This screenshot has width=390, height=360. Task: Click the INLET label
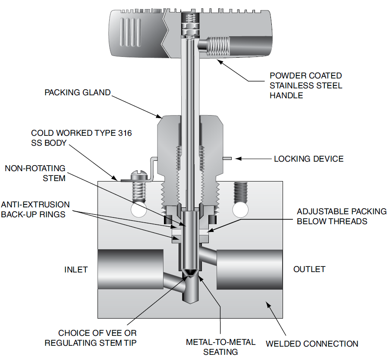pos(76,269)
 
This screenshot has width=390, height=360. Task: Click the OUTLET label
pos(309,269)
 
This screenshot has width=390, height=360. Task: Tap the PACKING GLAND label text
pos(78,93)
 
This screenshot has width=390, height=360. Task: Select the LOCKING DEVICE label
pos(309,159)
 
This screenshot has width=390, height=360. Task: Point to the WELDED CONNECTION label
pos(312,344)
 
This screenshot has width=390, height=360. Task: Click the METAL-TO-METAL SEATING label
pos(220,347)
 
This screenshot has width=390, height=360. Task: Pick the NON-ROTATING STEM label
pos(35,172)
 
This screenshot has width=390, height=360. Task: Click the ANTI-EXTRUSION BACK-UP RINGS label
pos(35,209)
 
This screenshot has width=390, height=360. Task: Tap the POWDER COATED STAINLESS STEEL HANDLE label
pos(306,85)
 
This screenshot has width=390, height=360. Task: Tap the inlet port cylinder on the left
pos(130,269)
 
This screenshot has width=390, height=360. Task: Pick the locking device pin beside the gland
pos(227,159)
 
